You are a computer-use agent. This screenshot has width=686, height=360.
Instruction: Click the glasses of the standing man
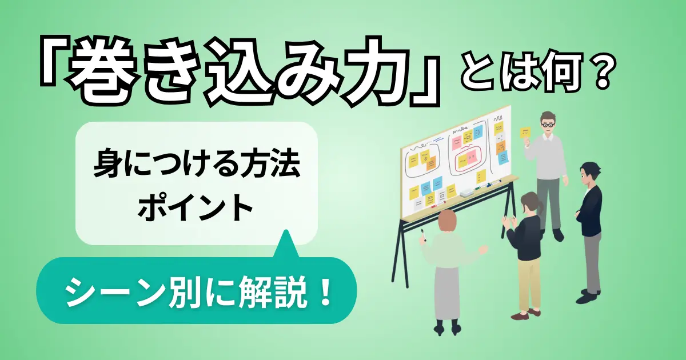[x=548, y=123]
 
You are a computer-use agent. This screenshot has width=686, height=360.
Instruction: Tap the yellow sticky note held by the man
[x=525, y=132]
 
